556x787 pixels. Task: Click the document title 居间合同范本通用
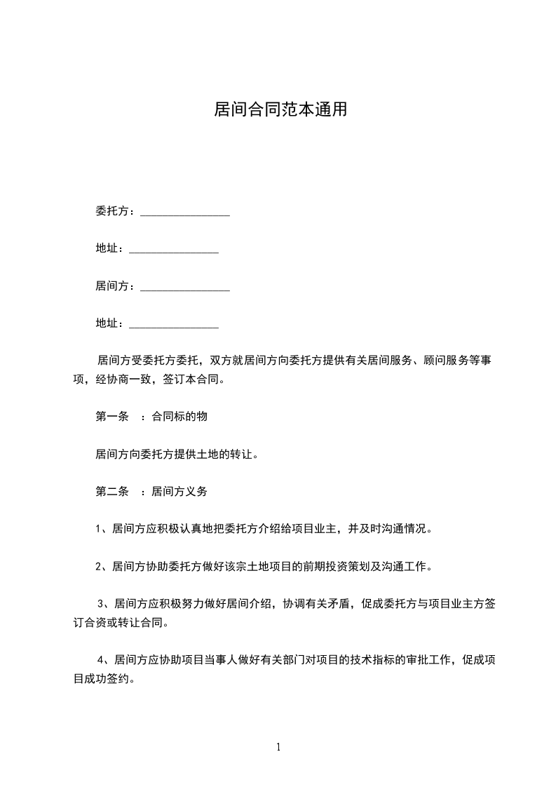pyautogui.click(x=280, y=110)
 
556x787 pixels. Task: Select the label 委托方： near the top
pyautogui.click(x=116, y=211)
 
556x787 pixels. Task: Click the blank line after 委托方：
pyautogui.click(x=185, y=213)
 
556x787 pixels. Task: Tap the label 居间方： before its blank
pyautogui.click(x=116, y=286)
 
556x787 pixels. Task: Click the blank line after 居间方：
pyautogui.click(x=185, y=288)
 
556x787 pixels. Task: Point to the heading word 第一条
pyautogui.click(x=111, y=417)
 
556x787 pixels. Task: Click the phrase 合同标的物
pyautogui.click(x=179, y=417)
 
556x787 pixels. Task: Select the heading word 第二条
pyautogui.click(x=111, y=492)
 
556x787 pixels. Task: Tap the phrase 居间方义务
pyautogui.click(x=179, y=492)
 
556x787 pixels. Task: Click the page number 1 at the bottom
pyautogui.click(x=278, y=747)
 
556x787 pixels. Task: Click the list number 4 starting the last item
pyautogui.click(x=102, y=660)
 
